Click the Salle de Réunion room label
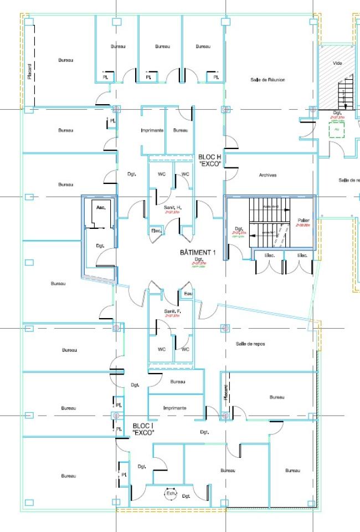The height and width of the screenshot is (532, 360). pos(268,80)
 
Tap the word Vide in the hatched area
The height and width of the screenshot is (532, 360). pos(337,63)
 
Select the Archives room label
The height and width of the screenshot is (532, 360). pos(268,175)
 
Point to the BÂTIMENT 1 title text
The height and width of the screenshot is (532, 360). pos(198,252)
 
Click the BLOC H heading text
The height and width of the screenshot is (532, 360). pos(210,157)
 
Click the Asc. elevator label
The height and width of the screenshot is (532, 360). pos(101,207)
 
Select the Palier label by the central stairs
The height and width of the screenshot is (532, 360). pos(302,220)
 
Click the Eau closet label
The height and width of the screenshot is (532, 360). pos(188,293)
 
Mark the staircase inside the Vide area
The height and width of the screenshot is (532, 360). pos(346,92)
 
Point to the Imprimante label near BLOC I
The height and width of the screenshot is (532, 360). pos(175,408)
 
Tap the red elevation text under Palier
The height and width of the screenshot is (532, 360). pos(302,226)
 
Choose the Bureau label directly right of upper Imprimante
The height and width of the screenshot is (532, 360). pos(179,130)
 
